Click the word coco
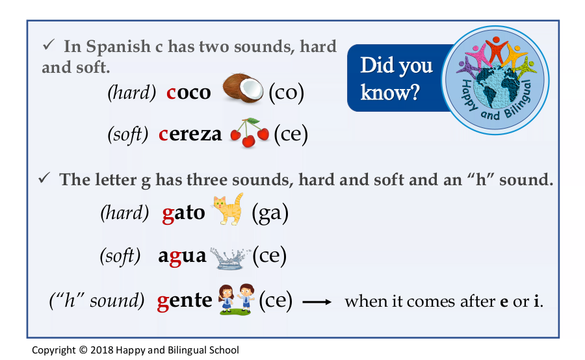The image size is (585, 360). click(188, 92)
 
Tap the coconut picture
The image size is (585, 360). click(243, 88)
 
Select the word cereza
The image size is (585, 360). click(190, 134)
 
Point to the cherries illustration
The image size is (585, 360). click(249, 133)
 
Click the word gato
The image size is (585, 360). click(183, 213)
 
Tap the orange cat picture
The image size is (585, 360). click(228, 209)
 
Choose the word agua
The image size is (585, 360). click(182, 257)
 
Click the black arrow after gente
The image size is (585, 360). click(317, 302)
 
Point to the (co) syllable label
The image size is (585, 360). click(287, 92)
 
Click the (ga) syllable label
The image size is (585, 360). click(270, 213)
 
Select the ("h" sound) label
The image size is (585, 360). click(97, 300)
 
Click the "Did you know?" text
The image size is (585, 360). click(396, 79)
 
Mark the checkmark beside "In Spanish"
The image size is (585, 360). click(49, 45)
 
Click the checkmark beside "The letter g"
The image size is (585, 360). click(44, 178)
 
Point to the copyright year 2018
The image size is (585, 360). click(101, 350)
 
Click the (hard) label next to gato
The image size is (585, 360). click(125, 212)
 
